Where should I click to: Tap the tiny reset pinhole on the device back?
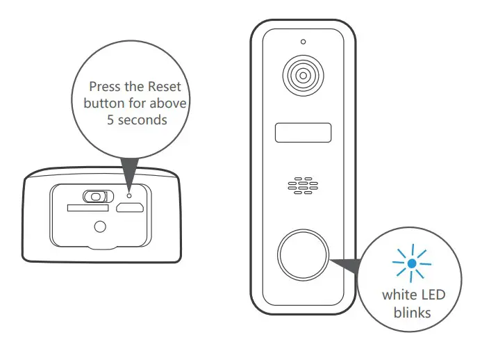(x=128, y=196)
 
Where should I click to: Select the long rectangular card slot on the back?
(x=87, y=208)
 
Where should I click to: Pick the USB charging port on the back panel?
(x=129, y=208)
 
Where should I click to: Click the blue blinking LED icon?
(x=413, y=263)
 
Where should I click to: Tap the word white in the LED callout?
(x=399, y=295)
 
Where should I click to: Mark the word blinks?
(x=413, y=312)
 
